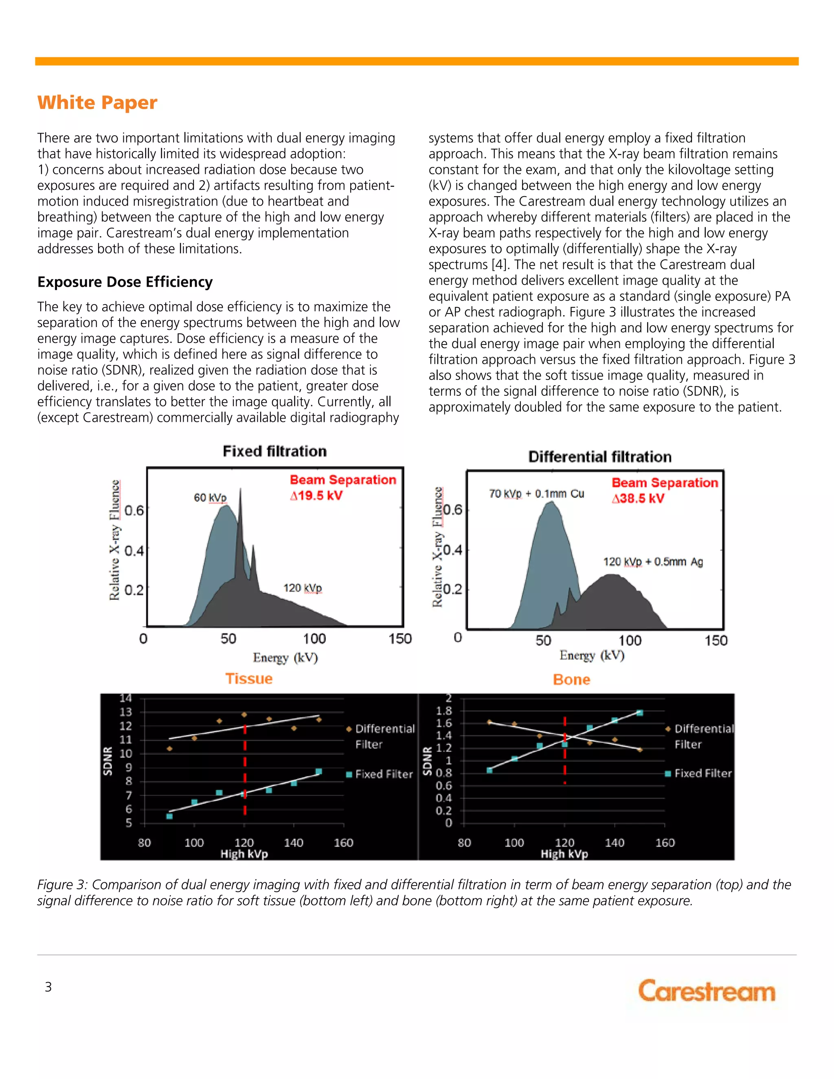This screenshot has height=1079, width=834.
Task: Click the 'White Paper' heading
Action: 97,102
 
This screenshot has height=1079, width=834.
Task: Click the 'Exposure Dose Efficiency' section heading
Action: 125,282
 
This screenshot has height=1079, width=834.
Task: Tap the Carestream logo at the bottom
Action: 707,991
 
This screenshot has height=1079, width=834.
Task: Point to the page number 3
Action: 48,987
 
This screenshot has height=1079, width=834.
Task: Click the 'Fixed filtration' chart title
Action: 275,451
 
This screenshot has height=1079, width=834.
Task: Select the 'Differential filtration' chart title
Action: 600,456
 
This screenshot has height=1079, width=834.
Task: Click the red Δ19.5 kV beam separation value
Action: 316,496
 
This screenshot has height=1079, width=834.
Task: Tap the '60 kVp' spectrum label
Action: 210,498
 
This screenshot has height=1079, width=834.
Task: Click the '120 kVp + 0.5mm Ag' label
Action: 653,562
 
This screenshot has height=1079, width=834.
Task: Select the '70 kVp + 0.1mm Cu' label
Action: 536,493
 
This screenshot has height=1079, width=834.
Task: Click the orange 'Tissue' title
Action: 249,678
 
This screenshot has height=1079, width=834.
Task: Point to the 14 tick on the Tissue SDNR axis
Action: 125,698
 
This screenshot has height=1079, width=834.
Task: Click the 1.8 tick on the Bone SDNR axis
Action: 444,711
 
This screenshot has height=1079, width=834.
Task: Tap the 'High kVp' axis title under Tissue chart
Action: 244,854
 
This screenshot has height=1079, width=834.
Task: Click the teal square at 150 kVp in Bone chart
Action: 640,713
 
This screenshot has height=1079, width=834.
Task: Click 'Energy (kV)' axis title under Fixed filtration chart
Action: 285,658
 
